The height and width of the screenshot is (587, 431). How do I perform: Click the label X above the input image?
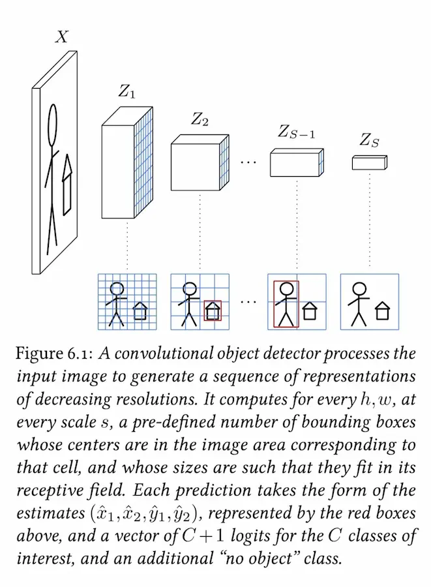click(x=61, y=37)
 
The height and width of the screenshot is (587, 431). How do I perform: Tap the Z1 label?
click(x=127, y=93)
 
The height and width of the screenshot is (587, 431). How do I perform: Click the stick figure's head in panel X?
click(x=53, y=121)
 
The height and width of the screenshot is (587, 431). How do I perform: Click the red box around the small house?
click(x=213, y=310)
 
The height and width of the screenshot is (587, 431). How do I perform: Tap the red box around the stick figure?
click(x=286, y=304)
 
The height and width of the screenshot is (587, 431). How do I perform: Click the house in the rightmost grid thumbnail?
click(x=382, y=312)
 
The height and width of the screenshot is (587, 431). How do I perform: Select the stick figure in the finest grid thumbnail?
click(x=117, y=303)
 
